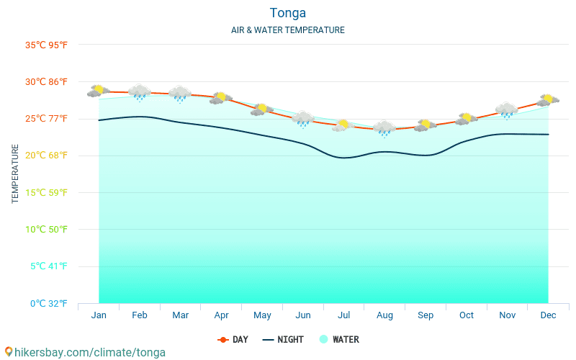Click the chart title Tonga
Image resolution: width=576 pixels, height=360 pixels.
tap(288, 13)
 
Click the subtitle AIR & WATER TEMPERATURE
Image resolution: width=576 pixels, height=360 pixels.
tap(288, 30)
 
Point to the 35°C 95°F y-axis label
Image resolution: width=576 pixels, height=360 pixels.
tap(46, 45)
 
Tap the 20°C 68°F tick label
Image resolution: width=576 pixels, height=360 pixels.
tap(46, 156)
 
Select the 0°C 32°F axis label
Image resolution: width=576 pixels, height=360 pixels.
tap(49, 303)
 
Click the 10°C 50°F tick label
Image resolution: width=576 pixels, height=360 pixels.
tap(46, 230)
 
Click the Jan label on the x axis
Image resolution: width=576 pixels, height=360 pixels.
tap(99, 315)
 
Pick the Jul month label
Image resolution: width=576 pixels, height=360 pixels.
tap(344, 315)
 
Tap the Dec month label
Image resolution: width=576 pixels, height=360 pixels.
tap(549, 315)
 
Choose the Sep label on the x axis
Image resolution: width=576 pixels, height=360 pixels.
tap(426, 315)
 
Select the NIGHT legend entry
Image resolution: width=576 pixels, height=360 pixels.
tap(283, 340)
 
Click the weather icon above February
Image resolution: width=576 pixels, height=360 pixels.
tap(140, 92)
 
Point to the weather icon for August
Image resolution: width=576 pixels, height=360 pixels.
tap(385, 128)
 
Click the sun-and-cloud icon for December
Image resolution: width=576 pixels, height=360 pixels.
tap(549, 99)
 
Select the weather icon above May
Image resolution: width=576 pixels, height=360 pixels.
tap(262, 109)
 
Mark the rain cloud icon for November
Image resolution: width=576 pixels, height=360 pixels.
tap(508, 110)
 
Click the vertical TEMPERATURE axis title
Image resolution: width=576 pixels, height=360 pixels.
tap(15, 174)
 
